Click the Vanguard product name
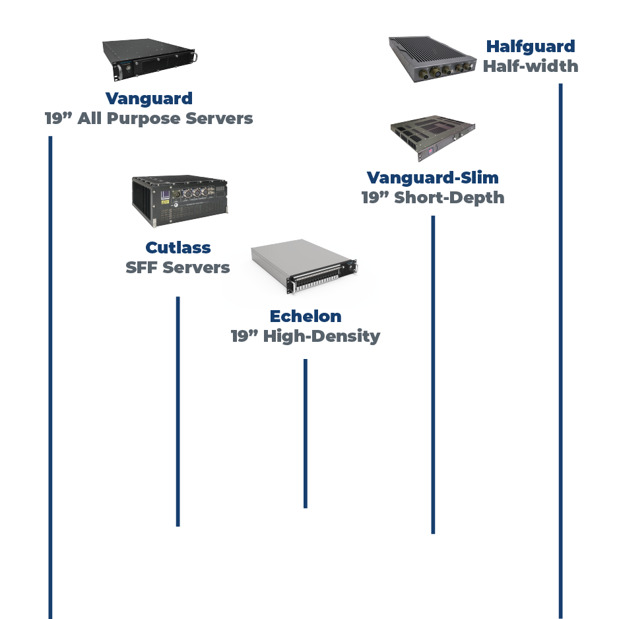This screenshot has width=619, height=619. tap(148, 99)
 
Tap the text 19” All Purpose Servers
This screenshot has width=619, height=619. tap(148, 119)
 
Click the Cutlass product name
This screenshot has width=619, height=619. tap(178, 248)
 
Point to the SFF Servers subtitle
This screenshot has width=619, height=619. tap(178, 268)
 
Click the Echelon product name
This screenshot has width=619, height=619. tap(306, 317)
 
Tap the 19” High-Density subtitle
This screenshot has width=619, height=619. tap(306, 337)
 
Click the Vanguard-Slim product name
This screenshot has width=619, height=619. tap(433, 178)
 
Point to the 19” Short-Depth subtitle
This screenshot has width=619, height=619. tap(433, 198)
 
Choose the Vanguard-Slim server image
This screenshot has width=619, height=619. tap(432, 139)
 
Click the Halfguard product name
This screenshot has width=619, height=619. tap(531, 46)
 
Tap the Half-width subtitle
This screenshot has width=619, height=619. tap(531, 66)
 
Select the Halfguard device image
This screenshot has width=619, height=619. tap(433, 60)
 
